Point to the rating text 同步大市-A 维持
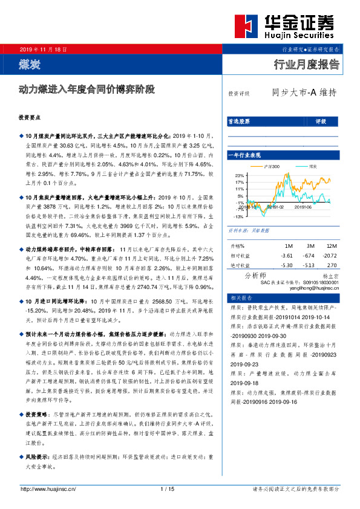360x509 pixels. click(303, 93)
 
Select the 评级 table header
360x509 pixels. click(320, 122)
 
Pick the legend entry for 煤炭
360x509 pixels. click(312, 166)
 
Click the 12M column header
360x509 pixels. click(332, 246)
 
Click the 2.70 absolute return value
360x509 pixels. click(332, 265)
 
